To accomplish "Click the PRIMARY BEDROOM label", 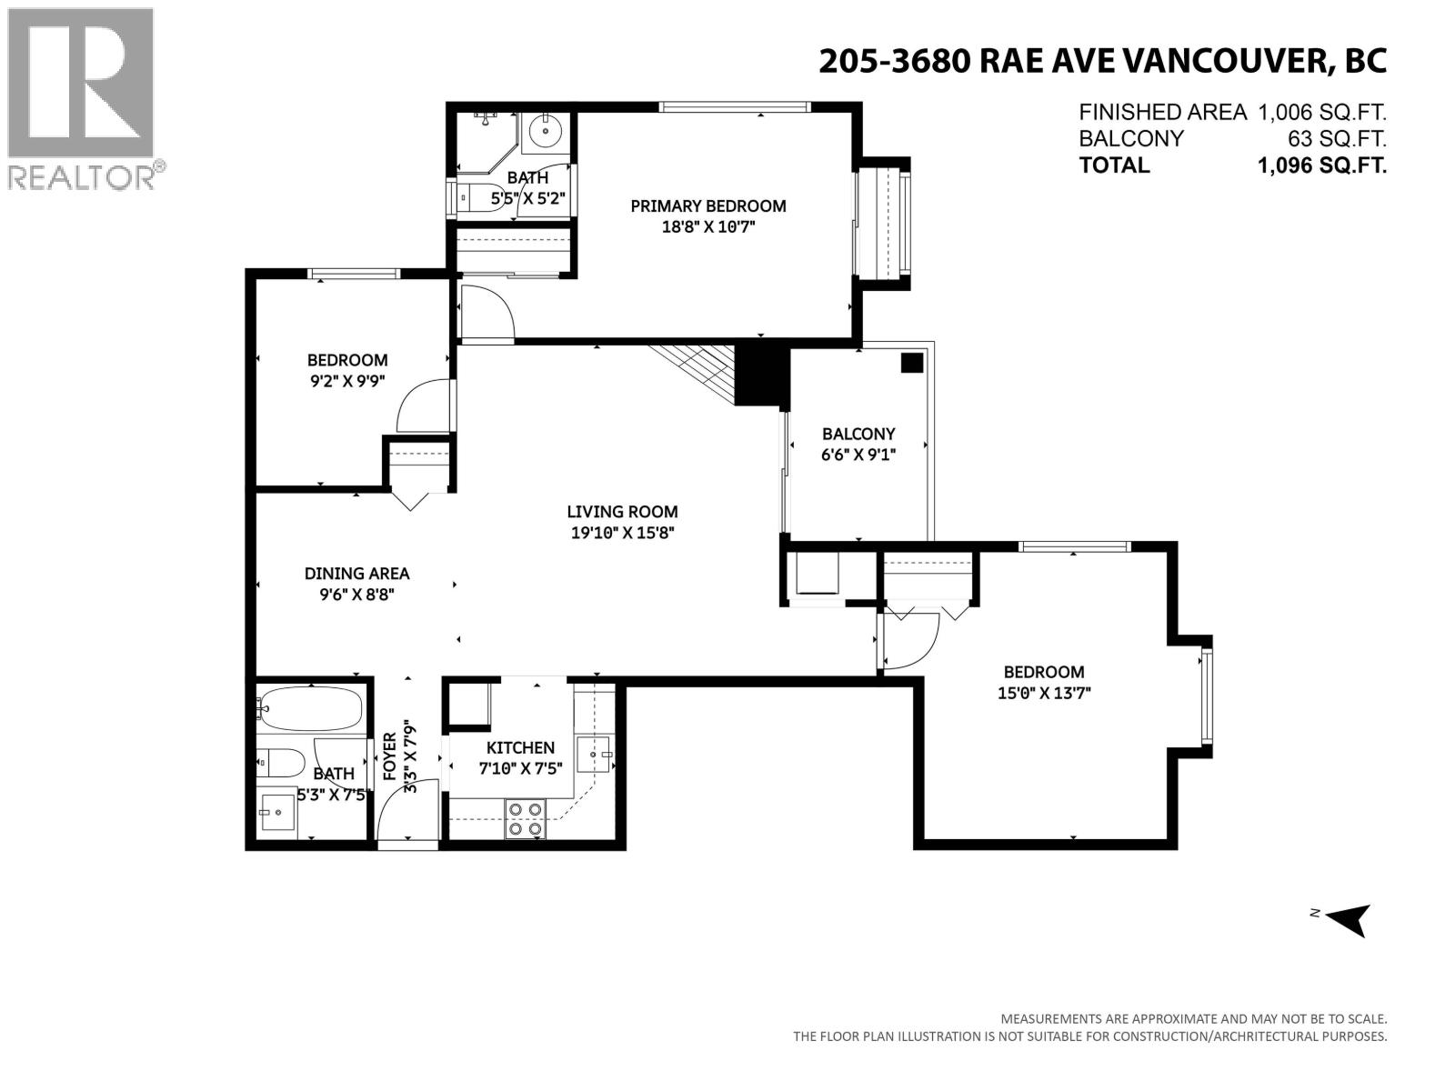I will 707,206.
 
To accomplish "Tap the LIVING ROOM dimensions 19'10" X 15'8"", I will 622,534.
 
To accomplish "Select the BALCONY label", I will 858,435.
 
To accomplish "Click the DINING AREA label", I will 356,574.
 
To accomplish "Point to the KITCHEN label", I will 520,747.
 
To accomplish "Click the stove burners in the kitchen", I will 525,818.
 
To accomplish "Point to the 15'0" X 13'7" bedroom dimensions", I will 1044,693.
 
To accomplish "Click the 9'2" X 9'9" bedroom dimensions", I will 347,381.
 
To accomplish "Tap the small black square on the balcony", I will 911,363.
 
